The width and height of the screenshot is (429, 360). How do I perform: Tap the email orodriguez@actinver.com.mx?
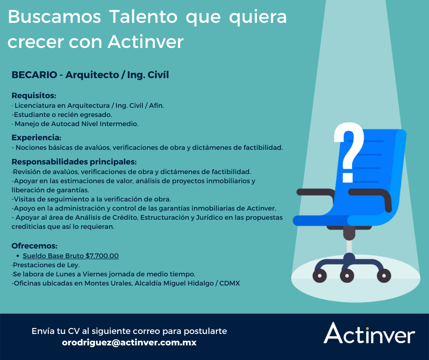click(x=129, y=342)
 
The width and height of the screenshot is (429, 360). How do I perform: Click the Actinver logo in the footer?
click(x=369, y=334)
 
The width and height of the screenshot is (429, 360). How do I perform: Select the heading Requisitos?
click(x=34, y=95)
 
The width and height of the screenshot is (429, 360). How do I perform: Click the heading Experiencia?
click(x=36, y=138)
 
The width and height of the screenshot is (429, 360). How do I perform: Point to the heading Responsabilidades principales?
click(x=74, y=162)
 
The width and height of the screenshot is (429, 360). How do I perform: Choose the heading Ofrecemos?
click(x=34, y=246)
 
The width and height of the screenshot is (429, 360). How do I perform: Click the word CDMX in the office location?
click(x=230, y=283)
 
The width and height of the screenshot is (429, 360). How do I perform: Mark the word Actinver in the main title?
click(x=146, y=42)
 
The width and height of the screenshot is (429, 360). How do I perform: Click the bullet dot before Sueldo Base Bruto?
click(x=17, y=256)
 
